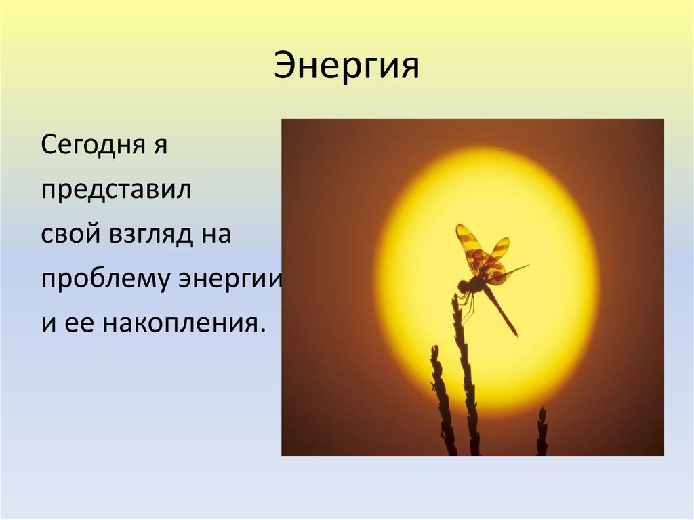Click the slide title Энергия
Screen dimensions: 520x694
[346, 68]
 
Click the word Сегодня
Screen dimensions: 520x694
[91, 146]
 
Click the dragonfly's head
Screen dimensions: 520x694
[463, 287]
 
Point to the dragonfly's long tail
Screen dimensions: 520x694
[502, 312]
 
